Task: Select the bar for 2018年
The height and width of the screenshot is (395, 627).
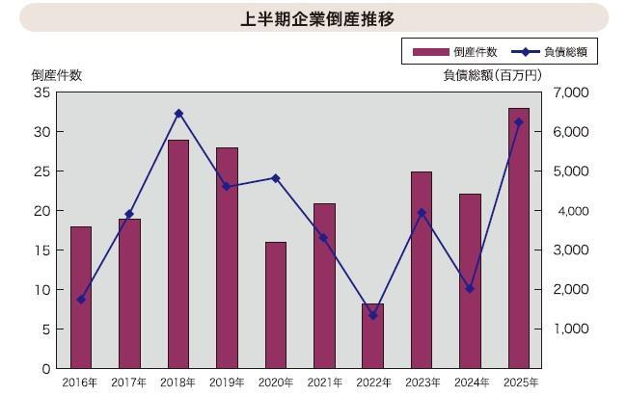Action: click(x=178, y=254)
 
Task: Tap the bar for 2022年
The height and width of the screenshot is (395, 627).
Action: click(x=372, y=336)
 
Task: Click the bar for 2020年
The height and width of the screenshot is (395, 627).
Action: click(x=276, y=305)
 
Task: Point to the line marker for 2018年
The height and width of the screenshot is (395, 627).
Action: click(x=178, y=114)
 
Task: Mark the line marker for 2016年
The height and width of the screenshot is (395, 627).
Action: click(x=81, y=300)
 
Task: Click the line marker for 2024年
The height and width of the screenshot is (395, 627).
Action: click(x=470, y=289)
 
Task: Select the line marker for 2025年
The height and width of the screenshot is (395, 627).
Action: click(x=518, y=122)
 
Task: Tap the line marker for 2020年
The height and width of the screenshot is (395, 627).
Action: click(x=276, y=178)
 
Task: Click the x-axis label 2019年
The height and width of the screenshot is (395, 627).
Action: click(x=227, y=382)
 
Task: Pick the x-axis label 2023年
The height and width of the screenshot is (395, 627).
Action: click(x=422, y=382)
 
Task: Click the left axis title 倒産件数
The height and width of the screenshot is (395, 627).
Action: click(x=56, y=74)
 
